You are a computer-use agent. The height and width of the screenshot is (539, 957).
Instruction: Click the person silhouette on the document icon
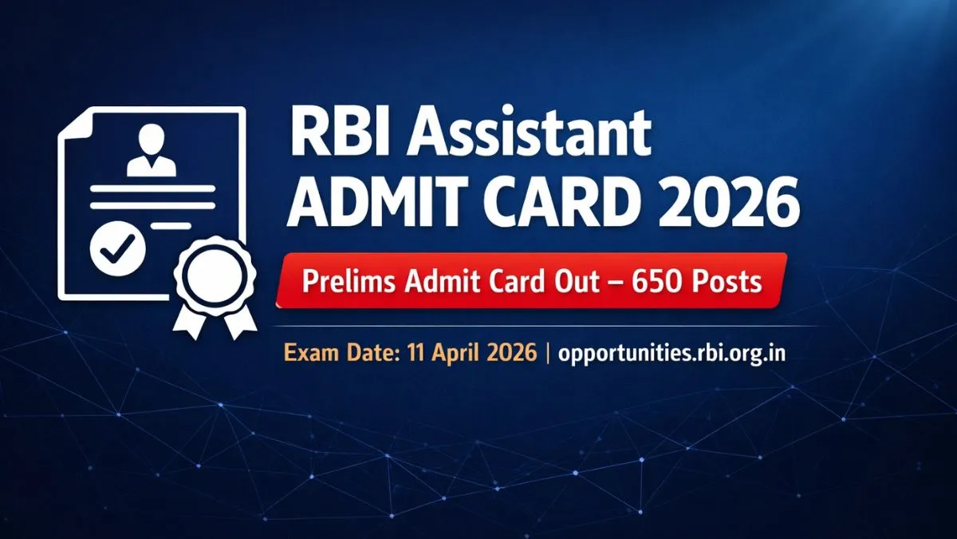(x=152, y=152)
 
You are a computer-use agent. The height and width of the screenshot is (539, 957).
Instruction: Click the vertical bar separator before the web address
(x=548, y=353)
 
